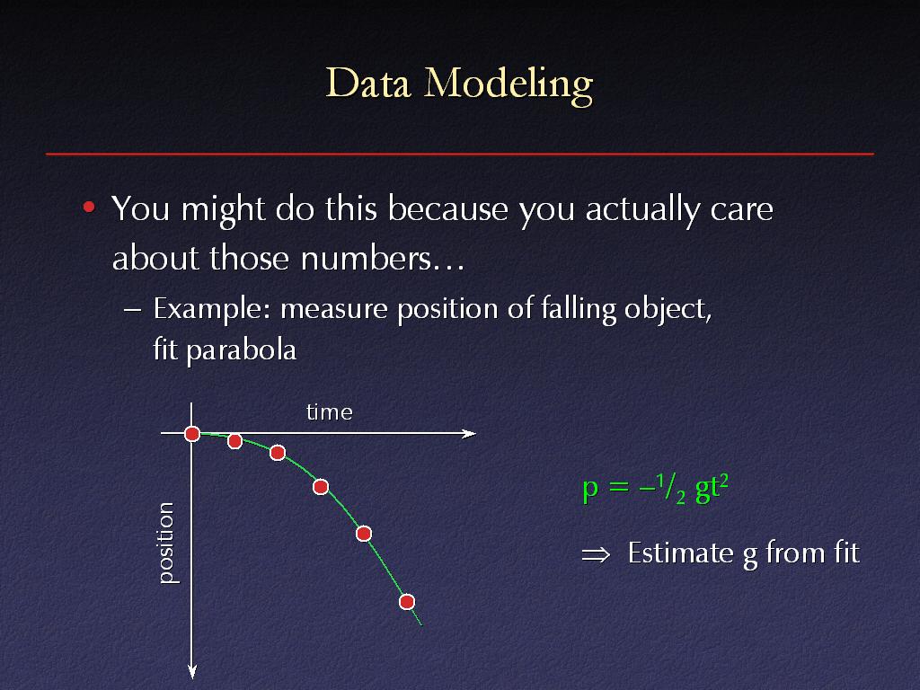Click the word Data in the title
(367, 83)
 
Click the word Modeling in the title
(509, 86)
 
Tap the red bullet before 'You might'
(89, 208)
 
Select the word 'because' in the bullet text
(447, 208)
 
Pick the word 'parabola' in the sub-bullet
(241, 351)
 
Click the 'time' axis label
(329, 411)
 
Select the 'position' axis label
(166, 543)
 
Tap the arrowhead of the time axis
(469, 434)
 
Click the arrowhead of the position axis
(192, 672)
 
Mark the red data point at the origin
(192, 434)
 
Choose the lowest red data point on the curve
(407, 602)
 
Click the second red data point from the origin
(234, 441)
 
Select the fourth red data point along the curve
(321, 487)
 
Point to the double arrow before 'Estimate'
(596, 554)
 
